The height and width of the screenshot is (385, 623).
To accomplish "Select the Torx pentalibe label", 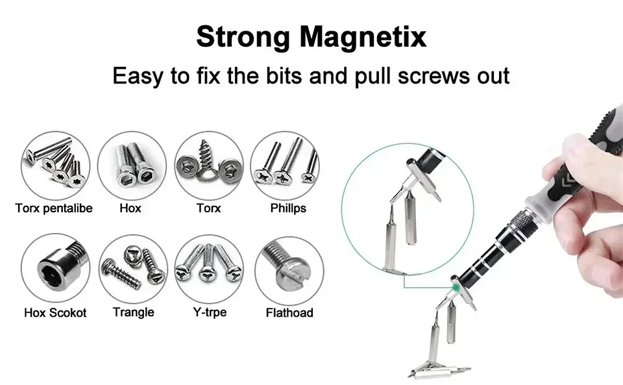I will click(54, 208).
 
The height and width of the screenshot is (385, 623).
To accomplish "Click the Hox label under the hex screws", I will click(130, 208).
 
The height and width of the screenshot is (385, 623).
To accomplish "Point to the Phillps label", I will click(287, 208).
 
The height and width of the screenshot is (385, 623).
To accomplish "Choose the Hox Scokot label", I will click(55, 312).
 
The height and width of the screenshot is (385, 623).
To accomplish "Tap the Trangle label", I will click(133, 312).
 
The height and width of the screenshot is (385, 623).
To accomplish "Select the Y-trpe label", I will click(209, 312).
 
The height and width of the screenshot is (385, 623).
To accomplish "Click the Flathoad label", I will click(289, 312).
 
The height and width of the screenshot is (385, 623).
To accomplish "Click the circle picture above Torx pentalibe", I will click(55, 165).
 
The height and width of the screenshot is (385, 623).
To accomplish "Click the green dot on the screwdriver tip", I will click(456, 284).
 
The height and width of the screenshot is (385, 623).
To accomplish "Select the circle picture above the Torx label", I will click(209, 165).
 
